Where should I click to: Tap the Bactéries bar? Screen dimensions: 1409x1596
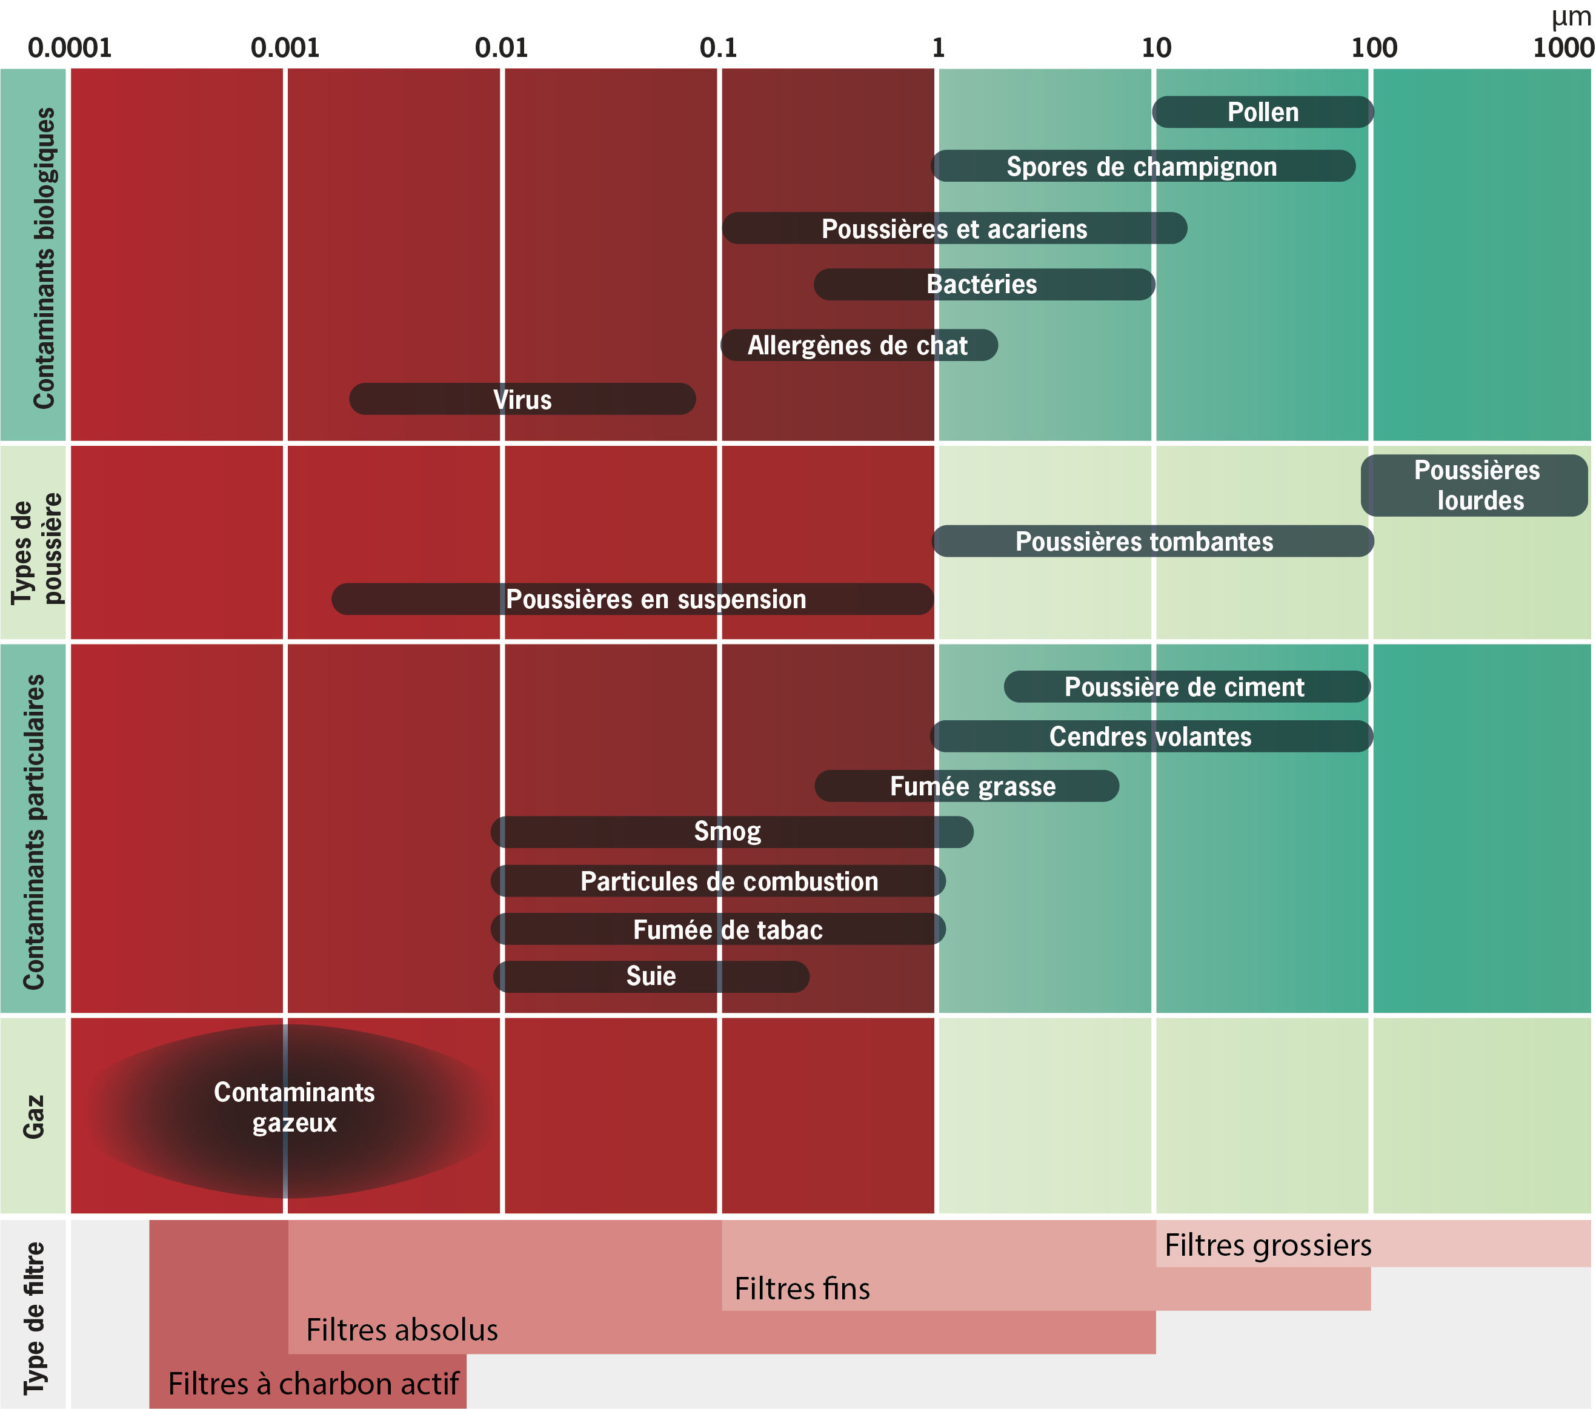[x=983, y=284]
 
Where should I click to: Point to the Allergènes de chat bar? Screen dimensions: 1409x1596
[x=858, y=345]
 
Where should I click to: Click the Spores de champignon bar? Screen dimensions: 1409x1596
[x=1142, y=166]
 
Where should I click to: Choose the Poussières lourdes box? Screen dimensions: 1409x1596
[x=1475, y=486]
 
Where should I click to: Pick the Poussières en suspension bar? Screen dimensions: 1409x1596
[x=633, y=598]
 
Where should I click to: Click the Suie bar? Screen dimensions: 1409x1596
[x=651, y=976]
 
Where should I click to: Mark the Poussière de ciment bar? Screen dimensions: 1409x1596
[x=1186, y=687]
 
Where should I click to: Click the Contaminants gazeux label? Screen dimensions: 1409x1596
[x=294, y=1107]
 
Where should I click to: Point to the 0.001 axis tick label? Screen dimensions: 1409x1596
[x=285, y=48]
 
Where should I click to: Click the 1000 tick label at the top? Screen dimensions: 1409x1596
[x=1563, y=48]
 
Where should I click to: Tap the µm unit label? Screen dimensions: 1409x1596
[x=1571, y=17]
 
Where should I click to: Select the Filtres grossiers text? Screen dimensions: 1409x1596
[x=1267, y=1245]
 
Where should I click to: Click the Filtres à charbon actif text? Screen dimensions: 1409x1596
[x=313, y=1383]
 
